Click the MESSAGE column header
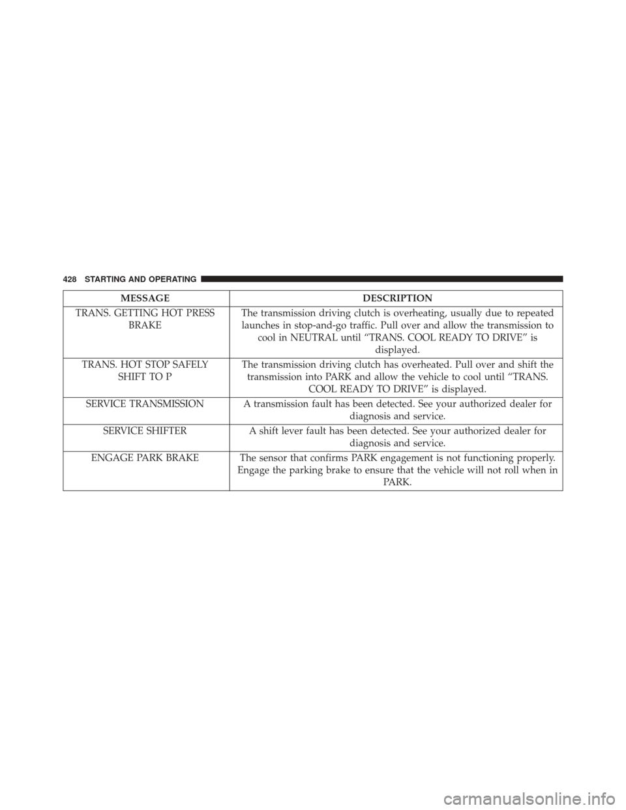point(145,298)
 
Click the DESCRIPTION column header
point(397,298)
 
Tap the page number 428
point(69,279)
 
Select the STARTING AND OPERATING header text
point(140,279)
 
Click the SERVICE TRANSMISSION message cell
point(145,404)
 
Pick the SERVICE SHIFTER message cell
point(145,431)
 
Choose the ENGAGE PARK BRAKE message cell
point(145,458)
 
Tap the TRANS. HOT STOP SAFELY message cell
point(145,370)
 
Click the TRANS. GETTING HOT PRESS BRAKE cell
point(145,319)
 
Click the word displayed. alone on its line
point(397,350)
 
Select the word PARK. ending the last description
point(397,483)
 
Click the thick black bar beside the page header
point(381,279)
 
